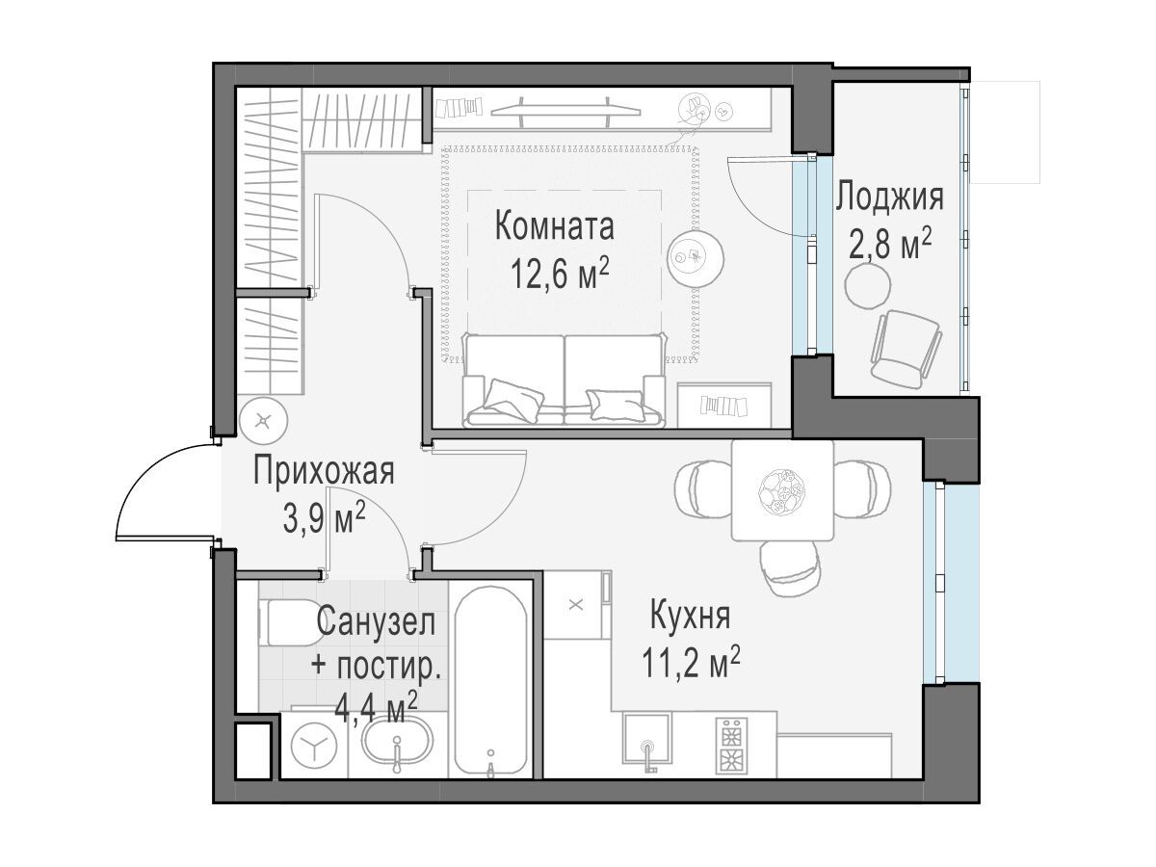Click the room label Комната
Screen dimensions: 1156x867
click(554, 225)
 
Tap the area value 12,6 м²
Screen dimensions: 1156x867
click(560, 274)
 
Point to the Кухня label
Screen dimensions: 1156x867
click(691, 616)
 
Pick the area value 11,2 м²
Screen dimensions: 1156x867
click(691, 662)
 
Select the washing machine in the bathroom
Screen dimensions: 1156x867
click(314, 745)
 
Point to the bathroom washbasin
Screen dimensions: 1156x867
click(398, 742)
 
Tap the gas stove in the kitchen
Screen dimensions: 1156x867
click(731, 746)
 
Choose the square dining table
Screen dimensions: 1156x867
click(782, 490)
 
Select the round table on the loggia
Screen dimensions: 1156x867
click(868, 285)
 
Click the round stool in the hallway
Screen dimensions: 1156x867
click(263, 421)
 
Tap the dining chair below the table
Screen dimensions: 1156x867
click(791, 568)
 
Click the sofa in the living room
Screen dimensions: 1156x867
click(564, 381)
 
